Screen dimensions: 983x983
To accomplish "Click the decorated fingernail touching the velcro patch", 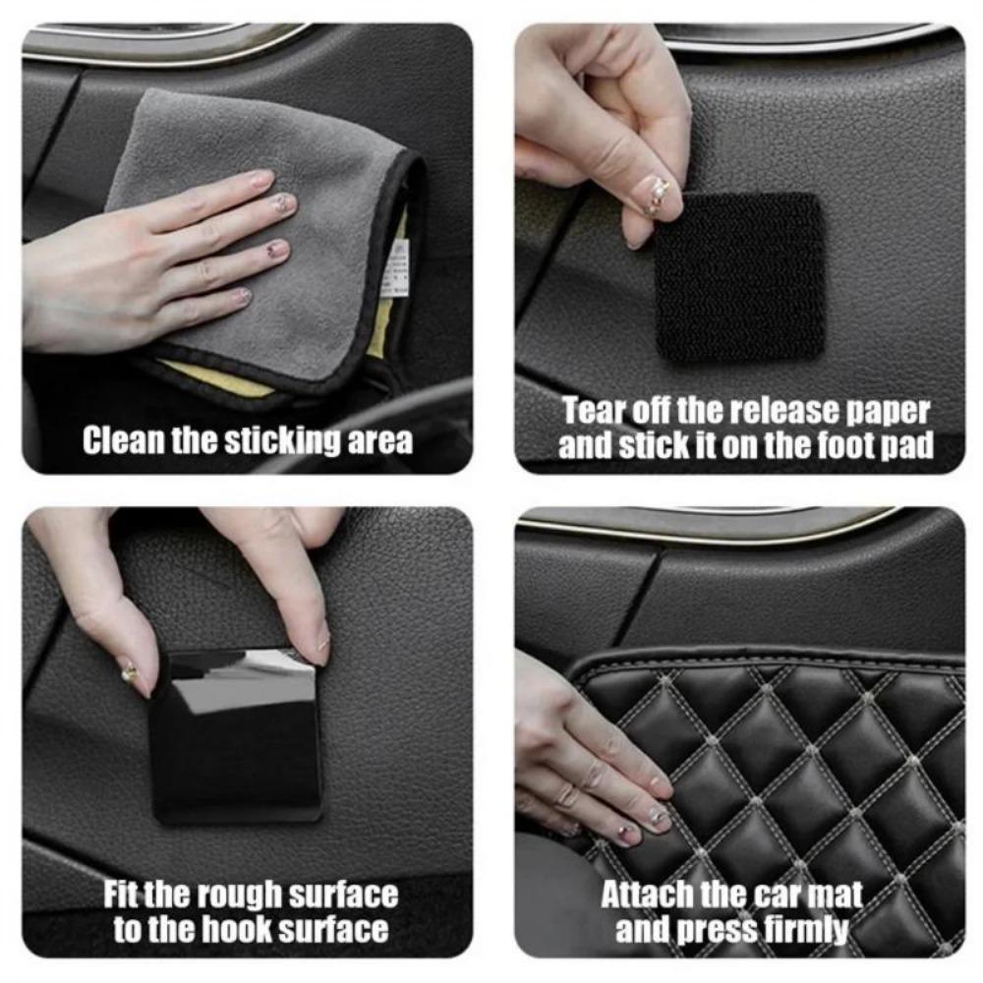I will pos(653,195).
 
